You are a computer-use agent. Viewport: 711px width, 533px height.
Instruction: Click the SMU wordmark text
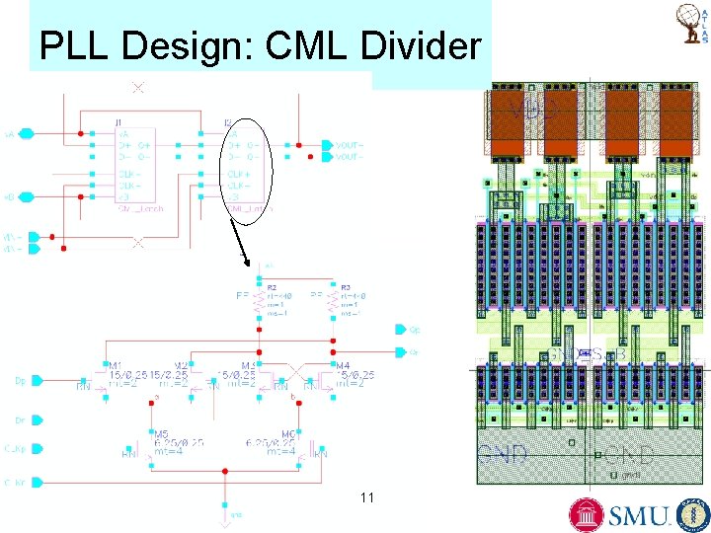point(637,515)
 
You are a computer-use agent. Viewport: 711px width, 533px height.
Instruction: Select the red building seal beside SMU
point(588,514)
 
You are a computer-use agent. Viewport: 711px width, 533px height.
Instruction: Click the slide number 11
point(367,497)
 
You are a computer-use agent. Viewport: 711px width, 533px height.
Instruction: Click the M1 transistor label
point(116,364)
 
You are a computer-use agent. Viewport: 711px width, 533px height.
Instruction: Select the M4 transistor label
point(344,364)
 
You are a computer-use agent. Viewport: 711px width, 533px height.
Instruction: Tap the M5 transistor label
point(161,433)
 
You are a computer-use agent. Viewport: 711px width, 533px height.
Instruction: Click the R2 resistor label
point(271,287)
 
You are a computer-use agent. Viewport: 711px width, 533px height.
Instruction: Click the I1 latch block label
point(118,122)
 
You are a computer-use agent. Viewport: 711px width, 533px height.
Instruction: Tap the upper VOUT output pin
point(329,144)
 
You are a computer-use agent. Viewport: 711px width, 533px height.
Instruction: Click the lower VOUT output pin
point(329,155)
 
